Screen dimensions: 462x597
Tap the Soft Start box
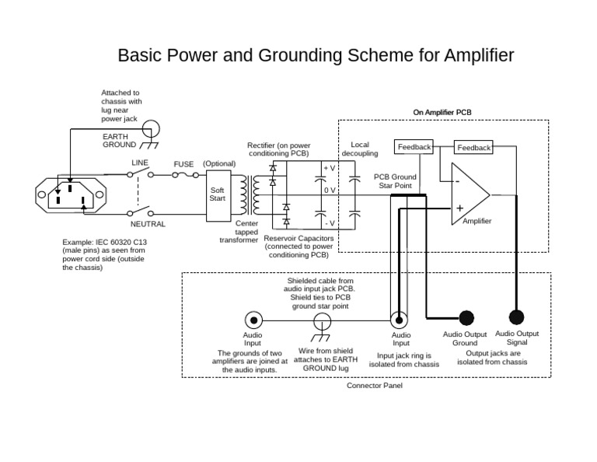(x=218, y=194)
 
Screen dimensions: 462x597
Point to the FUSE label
(x=183, y=164)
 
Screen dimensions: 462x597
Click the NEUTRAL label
(x=148, y=224)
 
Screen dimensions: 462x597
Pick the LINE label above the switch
(x=139, y=163)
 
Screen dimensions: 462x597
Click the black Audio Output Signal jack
(x=516, y=317)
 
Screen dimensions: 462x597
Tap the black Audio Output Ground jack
(x=466, y=317)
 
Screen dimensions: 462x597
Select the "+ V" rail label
(x=329, y=168)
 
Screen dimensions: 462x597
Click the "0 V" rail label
(x=329, y=191)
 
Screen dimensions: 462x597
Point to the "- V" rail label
(x=329, y=223)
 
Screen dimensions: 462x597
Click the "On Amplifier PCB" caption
(x=442, y=113)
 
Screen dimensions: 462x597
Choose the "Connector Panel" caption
(x=374, y=386)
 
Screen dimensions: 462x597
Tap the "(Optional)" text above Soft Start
(x=218, y=164)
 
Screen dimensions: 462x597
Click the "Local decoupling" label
(x=359, y=149)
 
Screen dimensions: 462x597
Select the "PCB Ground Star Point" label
(x=395, y=181)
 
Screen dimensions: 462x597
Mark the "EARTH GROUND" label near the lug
(x=119, y=140)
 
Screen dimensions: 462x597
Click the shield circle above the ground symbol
(x=322, y=320)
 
